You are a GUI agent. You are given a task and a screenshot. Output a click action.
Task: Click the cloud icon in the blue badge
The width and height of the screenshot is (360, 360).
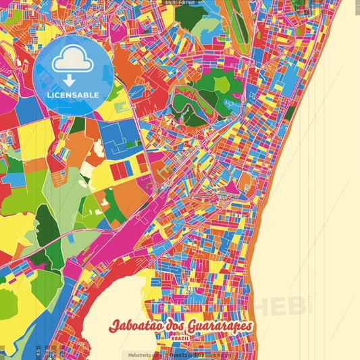tap(73, 61)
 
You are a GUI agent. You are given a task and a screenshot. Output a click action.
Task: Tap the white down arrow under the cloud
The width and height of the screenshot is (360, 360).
tap(73, 80)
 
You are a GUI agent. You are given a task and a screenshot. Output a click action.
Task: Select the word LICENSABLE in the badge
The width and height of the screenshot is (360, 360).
tap(73, 95)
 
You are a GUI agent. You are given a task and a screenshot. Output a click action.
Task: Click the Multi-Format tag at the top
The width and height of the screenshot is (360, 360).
tap(180, 3)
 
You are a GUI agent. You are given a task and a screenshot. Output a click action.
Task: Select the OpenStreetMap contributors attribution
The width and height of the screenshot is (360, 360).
tap(199, 355)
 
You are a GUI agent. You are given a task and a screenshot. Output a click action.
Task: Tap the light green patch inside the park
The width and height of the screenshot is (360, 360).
tap(224, 85)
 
